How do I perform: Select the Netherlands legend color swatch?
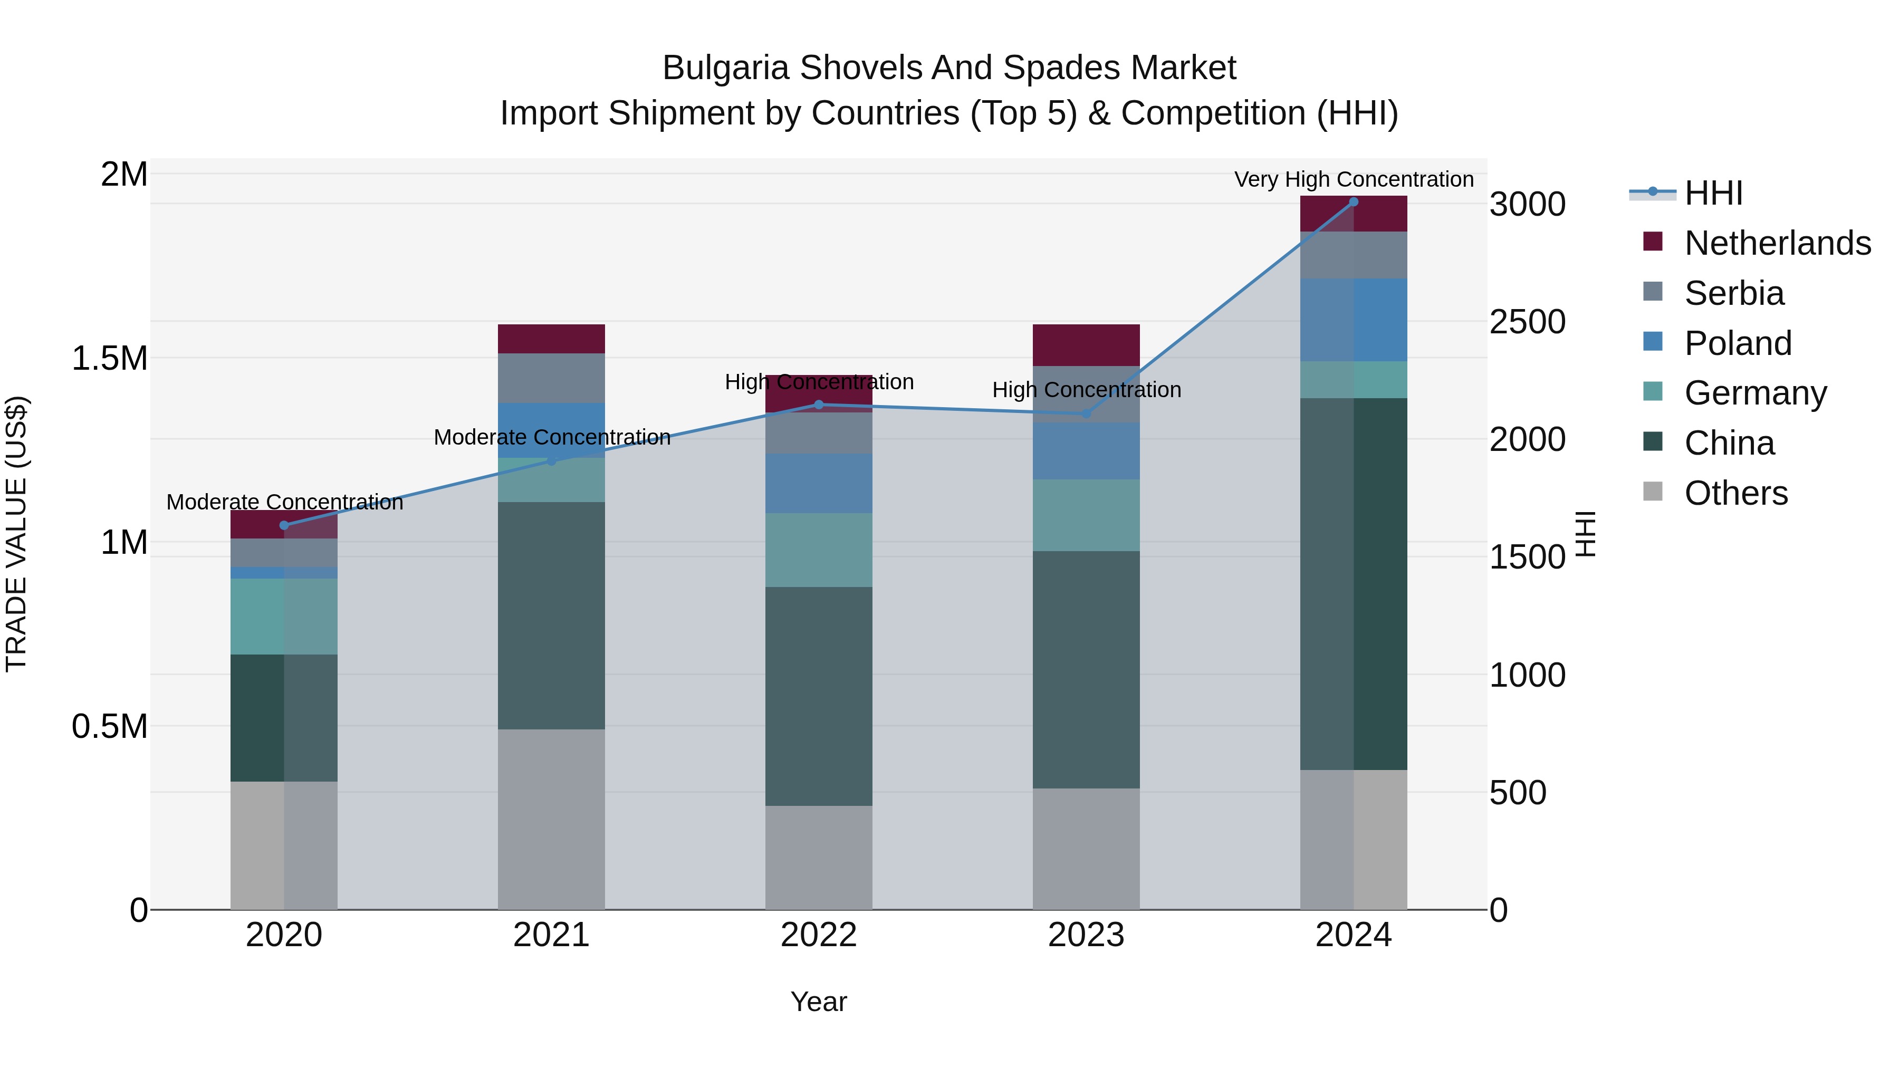tap(1653, 242)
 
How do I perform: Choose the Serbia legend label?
tap(1734, 293)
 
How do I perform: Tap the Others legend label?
tap(1736, 493)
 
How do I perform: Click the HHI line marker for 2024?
tap(1354, 202)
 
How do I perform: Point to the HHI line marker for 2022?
tap(818, 405)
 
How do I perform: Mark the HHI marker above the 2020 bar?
tap(284, 525)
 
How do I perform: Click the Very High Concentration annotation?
tap(1354, 179)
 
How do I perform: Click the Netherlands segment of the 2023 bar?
tap(1086, 345)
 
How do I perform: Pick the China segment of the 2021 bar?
tap(551, 615)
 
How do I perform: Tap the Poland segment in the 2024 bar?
tap(1354, 320)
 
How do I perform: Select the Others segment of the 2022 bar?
tap(818, 857)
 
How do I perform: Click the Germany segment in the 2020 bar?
tap(284, 616)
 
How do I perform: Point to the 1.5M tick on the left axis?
tap(109, 359)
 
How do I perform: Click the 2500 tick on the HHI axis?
tap(1527, 322)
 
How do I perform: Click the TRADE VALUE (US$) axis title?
tap(16, 534)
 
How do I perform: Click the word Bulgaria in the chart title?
tap(726, 68)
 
